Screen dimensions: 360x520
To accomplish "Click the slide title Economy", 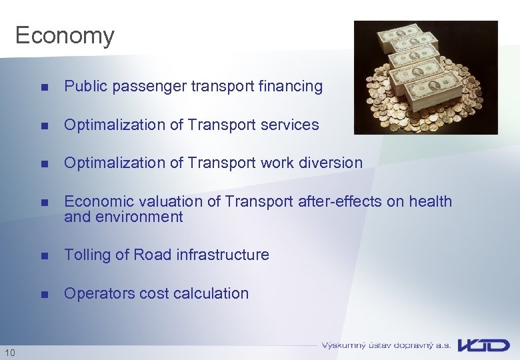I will coord(65,35).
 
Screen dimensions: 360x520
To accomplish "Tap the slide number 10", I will coord(10,351).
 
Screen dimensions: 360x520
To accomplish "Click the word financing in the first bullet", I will coord(291,87).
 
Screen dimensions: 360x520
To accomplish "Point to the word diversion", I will coord(331,163).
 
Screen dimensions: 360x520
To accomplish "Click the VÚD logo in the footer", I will coord(485,345).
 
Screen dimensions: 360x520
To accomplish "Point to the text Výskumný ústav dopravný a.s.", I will coord(386,345).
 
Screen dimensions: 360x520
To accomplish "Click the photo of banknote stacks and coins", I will coord(425,77).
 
